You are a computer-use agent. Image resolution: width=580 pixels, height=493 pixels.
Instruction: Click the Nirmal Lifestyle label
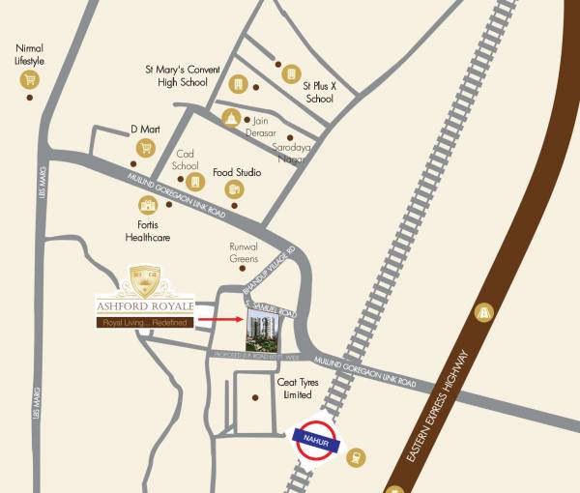click(x=30, y=54)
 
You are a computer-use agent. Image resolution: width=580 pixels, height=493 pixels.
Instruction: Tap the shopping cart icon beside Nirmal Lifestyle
click(x=30, y=80)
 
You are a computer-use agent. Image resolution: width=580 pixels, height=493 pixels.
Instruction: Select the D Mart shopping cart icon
click(x=146, y=148)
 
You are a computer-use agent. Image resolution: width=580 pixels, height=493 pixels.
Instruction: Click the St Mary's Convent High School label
click(x=183, y=75)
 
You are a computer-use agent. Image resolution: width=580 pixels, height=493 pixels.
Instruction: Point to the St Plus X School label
click(x=318, y=92)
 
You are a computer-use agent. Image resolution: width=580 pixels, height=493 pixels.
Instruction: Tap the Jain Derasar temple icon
click(x=231, y=117)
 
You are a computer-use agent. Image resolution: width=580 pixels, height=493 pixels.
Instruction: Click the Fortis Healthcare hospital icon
click(x=148, y=205)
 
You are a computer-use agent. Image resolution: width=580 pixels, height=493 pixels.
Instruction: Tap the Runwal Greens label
click(x=245, y=252)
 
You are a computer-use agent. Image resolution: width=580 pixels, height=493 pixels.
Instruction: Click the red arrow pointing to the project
click(x=218, y=318)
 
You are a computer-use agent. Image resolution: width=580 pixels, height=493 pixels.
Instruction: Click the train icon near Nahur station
click(x=356, y=457)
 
